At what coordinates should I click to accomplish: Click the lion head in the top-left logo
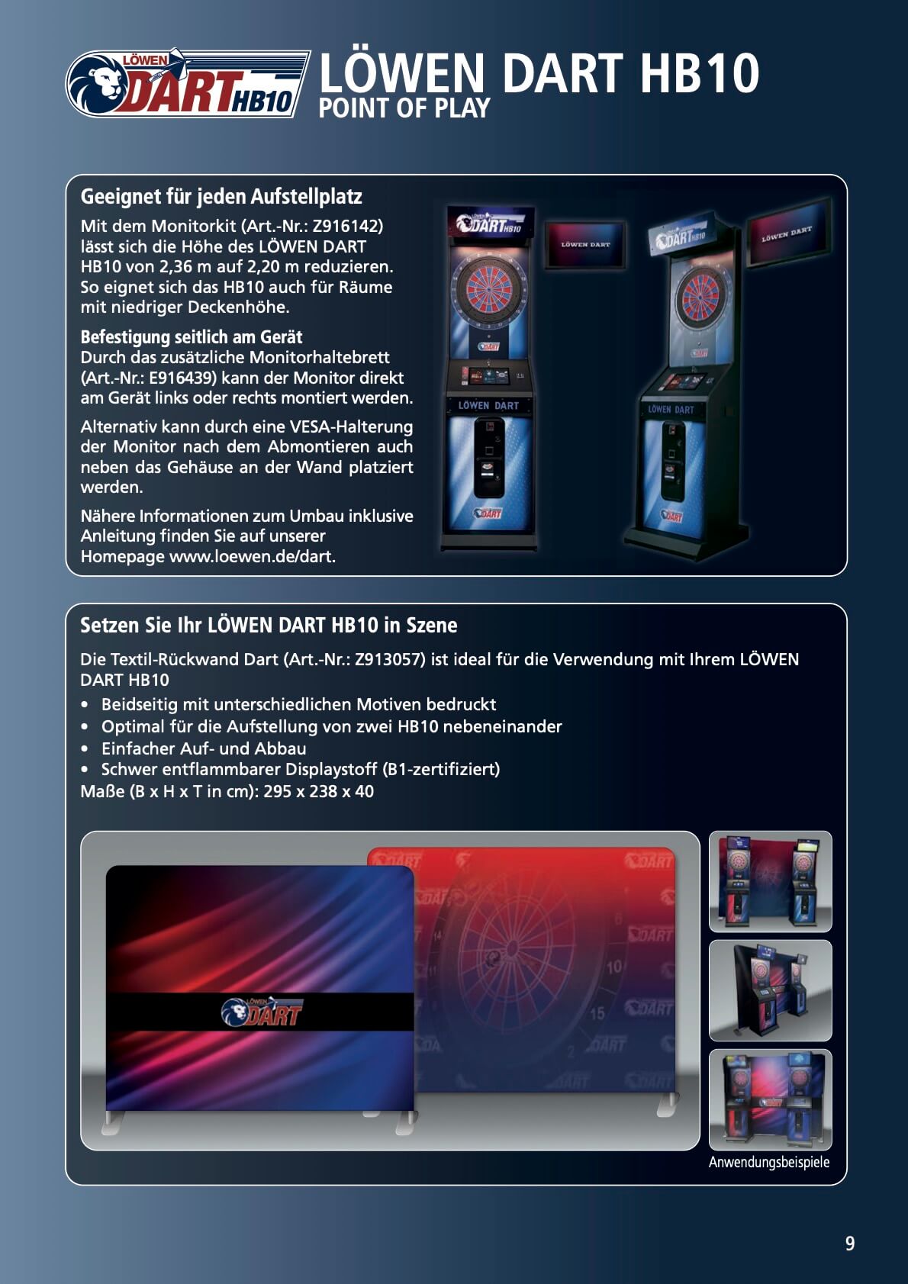pos(99,85)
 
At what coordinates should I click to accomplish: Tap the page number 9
pos(849,1243)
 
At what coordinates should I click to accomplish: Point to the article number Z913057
pos(389,659)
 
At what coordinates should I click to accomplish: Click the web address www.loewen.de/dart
pos(253,557)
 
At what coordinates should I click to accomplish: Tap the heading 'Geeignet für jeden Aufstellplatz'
pos(221,197)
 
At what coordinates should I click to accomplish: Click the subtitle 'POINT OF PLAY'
pos(404,108)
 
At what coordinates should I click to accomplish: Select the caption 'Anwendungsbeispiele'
pos(768,1162)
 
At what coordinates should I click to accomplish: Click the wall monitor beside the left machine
pos(584,245)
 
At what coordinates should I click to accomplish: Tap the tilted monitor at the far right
pos(789,233)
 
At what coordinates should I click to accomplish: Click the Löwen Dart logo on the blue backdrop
pos(262,1012)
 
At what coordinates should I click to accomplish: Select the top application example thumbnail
pos(770,881)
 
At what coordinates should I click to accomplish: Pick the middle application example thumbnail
pos(770,990)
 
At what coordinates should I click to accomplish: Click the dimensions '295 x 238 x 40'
pos(319,792)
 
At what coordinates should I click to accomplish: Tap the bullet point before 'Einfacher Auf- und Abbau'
pos(85,748)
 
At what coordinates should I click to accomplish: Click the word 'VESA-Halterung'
pos(352,426)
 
